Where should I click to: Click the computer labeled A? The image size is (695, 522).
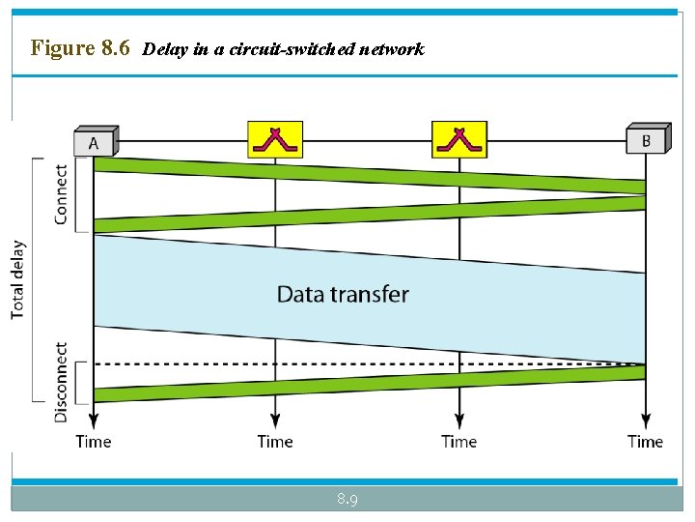(x=95, y=141)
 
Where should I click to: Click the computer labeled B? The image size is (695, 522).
(x=646, y=139)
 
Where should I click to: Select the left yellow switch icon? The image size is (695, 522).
(x=275, y=139)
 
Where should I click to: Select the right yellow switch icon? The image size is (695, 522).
(x=459, y=139)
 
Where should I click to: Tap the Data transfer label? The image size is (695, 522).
(x=343, y=294)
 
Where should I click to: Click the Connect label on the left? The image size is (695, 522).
(x=61, y=194)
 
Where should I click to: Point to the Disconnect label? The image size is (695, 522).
(x=61, y=382)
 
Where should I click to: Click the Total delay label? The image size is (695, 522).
(x=18, y=279)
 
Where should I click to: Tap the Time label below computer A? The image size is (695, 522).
(x=94, y=442)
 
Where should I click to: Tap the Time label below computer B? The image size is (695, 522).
(x=645, y=442)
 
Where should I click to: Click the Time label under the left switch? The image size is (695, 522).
(x=275, y=442)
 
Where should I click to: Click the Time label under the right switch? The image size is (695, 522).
(x=459, y=442)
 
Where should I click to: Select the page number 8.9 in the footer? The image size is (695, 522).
(x=347, y=500)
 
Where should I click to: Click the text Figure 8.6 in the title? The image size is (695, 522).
(x=80, y=47)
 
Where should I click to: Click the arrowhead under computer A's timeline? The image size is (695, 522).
(x=94, y=421)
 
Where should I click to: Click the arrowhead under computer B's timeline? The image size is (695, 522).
(x=645, y=421)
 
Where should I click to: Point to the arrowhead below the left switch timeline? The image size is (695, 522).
(x=275, y=421)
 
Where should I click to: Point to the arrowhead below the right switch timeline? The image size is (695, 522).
(x=459, y=421)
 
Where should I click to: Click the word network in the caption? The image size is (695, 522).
(x=391, y=49)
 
